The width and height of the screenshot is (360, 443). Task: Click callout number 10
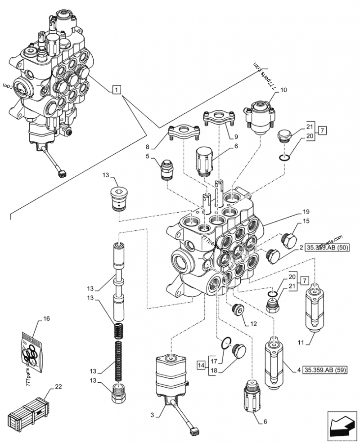[x=283, y=90]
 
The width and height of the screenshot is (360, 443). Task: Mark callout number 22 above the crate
[x=58, y=386]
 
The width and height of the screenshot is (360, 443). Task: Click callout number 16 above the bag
[x=46, y=319]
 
